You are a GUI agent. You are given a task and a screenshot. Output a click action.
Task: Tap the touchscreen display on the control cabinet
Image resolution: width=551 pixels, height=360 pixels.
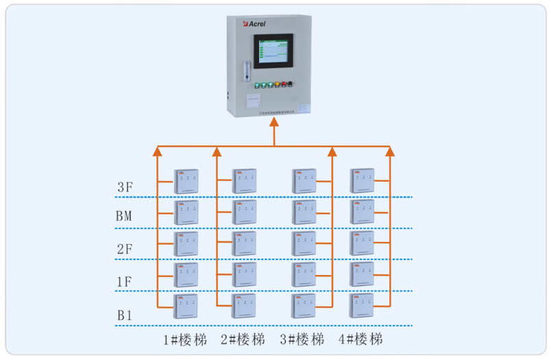pyautogui.click(x=275, y=54)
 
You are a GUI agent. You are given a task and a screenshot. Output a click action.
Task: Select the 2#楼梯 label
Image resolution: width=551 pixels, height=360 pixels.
pyautogui.click(x=243, y=339)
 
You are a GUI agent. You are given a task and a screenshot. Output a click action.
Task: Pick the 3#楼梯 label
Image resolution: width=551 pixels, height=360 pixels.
pyautogui.click(x=302, y=339)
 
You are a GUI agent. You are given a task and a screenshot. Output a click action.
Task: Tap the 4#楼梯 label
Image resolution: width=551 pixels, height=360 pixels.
pyautogui.click(x=360, y=339)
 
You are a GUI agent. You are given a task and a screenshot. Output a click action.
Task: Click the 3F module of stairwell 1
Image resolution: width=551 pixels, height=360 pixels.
pyautogui.click(x=186, y=181)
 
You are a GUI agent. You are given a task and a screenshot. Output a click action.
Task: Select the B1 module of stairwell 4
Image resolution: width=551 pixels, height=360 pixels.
pyautogui.click(x=362, y=306)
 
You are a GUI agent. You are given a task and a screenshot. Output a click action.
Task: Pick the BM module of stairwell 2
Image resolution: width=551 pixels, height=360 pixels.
pyautogui.click(x=244, y=213)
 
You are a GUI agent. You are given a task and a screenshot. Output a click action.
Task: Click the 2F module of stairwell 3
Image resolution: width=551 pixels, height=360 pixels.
pyautogui.click(x=304, y=244)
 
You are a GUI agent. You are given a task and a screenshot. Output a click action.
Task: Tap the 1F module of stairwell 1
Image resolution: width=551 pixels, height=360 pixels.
pyautogui.click(x=186, y=275)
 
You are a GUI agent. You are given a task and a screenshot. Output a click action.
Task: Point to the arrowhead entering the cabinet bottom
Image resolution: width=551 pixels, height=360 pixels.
pyautogui.click(x=275, y=121)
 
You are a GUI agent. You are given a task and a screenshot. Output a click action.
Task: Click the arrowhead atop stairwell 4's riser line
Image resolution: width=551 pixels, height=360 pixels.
pyautogui.click(x=390, y=151)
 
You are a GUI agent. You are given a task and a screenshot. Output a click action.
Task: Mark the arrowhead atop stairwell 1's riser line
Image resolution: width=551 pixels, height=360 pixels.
pyautogui.click(x=158, y=151)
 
